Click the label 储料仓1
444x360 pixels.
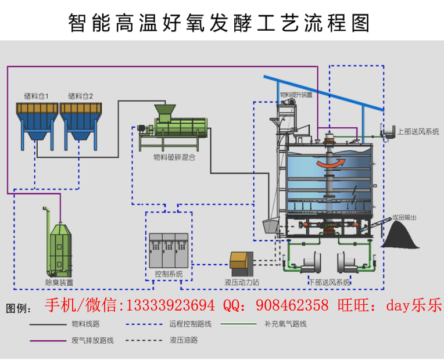(36, 96)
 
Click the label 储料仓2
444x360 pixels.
(80, 96)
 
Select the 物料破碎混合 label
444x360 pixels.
(174, 157)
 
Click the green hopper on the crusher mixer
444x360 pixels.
(165, 113)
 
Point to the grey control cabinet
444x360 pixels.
(169, 250)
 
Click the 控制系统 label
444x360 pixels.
(169, 274)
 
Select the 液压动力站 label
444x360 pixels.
(242, 282)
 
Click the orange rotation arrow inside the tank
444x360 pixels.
(331, 163)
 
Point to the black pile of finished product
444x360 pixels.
(400, 235)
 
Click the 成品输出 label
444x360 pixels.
(404, 217)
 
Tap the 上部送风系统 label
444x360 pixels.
(418, 132)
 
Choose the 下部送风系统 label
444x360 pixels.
(330, 282)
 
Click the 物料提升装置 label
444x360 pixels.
(296, 95)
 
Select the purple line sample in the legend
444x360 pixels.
(48, 341)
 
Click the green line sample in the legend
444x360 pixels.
(238, 324)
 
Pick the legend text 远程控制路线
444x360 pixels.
(190, 324)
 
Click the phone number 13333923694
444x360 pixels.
(170, 305)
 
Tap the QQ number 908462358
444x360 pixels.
(292, 305)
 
